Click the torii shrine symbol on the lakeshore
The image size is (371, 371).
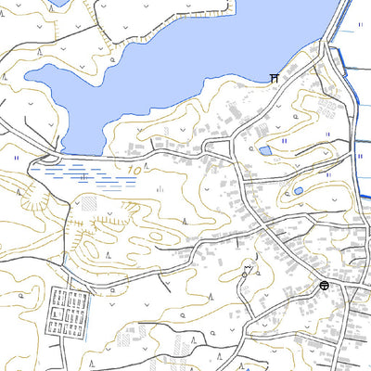point(275,79)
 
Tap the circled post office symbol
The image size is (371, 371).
point(324,286)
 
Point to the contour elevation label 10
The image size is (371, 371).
point(135,171)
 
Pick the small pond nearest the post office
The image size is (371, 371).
point(298,192)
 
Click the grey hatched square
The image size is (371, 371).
point(89,202)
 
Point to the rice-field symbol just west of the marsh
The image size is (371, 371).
point(17,159)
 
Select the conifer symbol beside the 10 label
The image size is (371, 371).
point(160,188)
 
